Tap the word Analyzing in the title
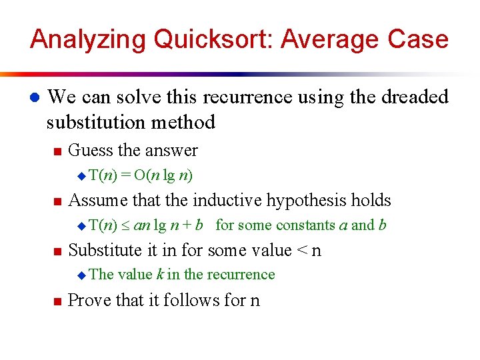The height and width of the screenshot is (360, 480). [87, 39]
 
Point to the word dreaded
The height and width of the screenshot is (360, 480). [415, 97]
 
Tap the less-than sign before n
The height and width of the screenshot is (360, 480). [302, 251]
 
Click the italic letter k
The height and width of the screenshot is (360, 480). [160, 275]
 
